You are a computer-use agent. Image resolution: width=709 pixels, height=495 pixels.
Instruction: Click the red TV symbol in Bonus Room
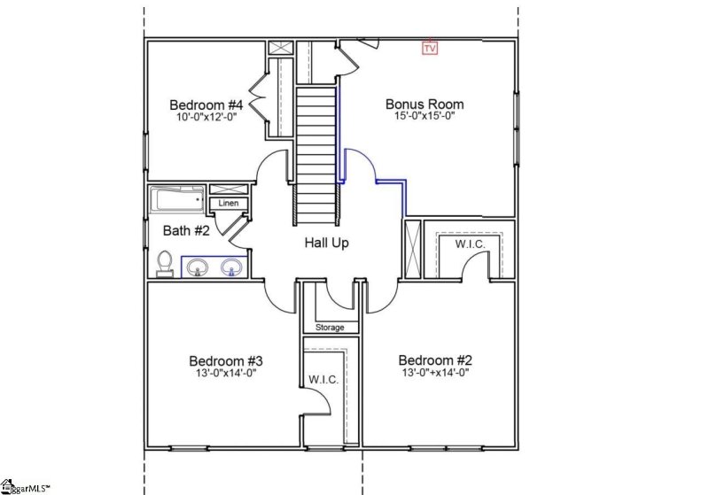(x=430, y=48)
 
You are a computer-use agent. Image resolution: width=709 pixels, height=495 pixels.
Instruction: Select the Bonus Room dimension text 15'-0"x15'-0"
(x=425, y=117)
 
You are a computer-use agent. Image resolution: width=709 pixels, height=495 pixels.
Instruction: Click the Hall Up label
(x=326, y=243)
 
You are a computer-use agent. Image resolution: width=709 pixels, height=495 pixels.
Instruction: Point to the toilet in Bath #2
(x=164, y=264)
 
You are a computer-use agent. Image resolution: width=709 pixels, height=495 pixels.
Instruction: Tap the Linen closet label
(x=228, y=204)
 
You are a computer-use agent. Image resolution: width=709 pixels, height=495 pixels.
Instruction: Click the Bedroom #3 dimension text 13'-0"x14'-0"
(x=224, y=373)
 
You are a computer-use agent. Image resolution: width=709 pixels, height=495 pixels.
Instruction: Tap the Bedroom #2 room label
(x=435, y=360)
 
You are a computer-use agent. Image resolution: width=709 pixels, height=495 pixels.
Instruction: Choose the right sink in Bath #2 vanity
(x=232, y=266)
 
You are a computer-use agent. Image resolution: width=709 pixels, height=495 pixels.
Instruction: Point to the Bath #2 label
(x=186, y=231)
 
